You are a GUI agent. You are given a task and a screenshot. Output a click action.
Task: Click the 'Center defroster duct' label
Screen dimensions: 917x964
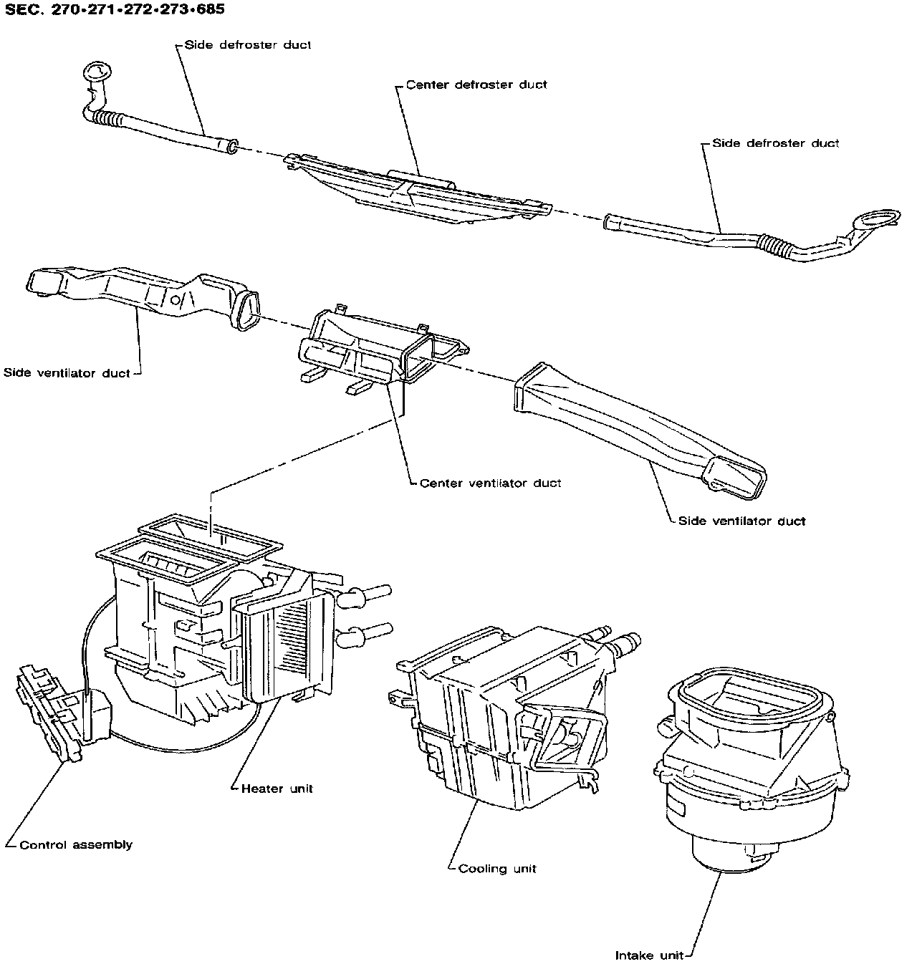pyautogui.click(x=476, y=85)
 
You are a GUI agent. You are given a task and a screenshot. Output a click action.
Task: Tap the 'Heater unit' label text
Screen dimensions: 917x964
pyautogui.click(x=277, y=789)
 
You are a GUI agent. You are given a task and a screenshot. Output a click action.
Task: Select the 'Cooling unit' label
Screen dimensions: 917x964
pyautogui.click(x=497, y=868)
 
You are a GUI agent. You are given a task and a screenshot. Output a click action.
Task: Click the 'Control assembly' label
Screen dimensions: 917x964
pyautogui.click(x=76, y=845)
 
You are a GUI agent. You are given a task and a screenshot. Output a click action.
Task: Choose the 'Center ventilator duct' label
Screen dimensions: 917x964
pyautogui.click(x=490, y=483)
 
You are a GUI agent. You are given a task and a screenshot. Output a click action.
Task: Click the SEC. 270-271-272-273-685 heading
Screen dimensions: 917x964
pyautogui.click(x=115, y=9)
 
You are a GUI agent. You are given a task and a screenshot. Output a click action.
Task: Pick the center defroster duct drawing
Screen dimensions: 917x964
pyautogui.click(x=418, y=189)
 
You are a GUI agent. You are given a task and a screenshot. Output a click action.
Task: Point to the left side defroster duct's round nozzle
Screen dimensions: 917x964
pyautogui.click(x=97, y=71)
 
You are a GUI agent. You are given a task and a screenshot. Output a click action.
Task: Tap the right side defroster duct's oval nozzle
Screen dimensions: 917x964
pyautogui.click(x=878, y=218)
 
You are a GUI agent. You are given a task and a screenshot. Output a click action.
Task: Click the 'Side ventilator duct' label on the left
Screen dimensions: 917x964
pyautogui.click(x=67, y=372)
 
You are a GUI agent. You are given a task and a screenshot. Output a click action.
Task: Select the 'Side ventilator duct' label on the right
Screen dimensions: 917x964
pyautogui.click(x=742, y=521)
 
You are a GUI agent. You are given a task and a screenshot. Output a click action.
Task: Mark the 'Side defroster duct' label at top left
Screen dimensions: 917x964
pyautogui.click(x=248, y=44)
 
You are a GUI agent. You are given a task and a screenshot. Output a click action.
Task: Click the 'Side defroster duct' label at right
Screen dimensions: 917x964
pyautogui.click(x=776, y=143)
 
